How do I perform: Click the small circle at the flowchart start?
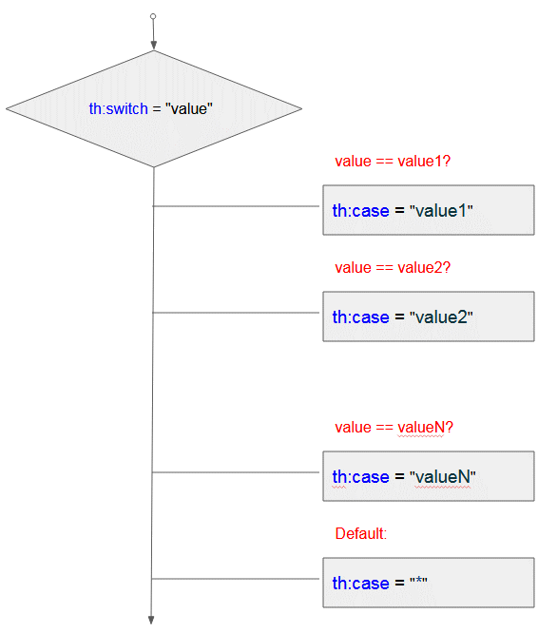153,16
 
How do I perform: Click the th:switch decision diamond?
154,108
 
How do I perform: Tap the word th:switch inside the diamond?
118,108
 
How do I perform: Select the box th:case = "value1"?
429,210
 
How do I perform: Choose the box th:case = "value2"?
429,316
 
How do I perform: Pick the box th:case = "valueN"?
429,476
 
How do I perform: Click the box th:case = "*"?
429,583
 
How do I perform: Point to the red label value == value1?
393,161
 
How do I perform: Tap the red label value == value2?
393,268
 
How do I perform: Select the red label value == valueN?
394,427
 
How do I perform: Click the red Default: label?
361,534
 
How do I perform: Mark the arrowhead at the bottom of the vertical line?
151,620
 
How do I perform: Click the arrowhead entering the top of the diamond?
153,46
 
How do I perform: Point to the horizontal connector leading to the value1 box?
236,206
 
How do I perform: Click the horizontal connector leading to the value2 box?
236,313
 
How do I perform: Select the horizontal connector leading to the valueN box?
236,472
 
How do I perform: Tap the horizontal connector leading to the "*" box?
236,579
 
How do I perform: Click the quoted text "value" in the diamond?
189,108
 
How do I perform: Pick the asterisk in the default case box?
418,582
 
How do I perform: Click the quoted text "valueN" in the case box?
443,477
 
